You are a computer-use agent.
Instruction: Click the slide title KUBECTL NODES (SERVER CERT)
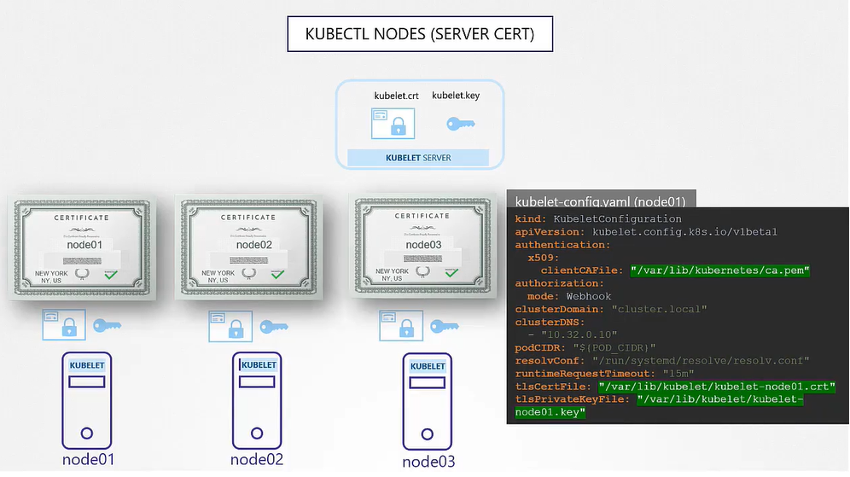(420, 34)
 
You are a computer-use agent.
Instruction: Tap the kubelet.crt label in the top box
(396, 96)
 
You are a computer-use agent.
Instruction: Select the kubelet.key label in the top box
(456, 96)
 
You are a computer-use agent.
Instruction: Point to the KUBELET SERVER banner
(418, 158)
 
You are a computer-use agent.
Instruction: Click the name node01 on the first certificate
(84, 245)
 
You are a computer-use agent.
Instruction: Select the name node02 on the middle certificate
(253, 245)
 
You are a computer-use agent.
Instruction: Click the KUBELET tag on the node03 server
(428, 366)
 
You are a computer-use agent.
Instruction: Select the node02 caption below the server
(256, 460)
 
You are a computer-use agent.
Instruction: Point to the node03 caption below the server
(428, 462)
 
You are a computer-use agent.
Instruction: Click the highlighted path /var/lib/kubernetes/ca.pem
(719, 270)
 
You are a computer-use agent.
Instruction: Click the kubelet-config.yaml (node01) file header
(600, 201)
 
